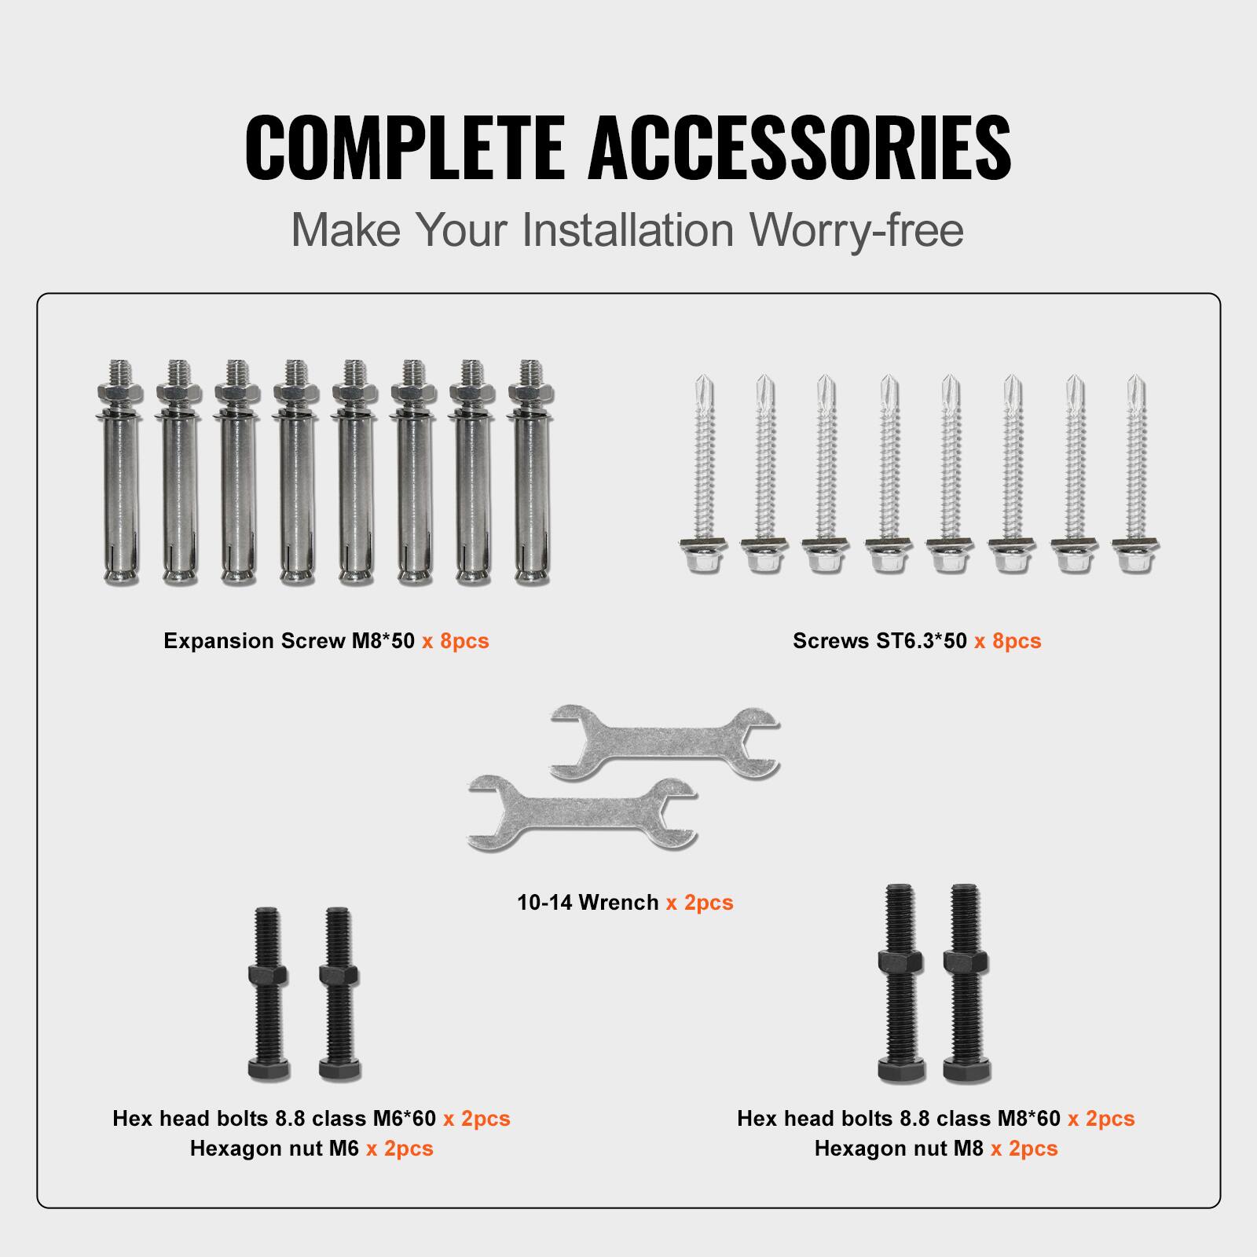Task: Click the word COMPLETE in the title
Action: point(405,148)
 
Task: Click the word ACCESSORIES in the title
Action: point(800,148)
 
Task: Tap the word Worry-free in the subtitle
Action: point(856,230)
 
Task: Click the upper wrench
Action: point(664,743)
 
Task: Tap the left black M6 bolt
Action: point(267,994)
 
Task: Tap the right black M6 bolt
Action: point(339,994)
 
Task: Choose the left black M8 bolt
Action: point(900,982)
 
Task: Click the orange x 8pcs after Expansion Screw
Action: point(455,641)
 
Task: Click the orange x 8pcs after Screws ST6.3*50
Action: point(1007,641)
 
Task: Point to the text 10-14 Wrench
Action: point(588,903)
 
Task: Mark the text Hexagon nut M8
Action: point(899,1149)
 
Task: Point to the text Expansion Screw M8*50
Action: point(289,641)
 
